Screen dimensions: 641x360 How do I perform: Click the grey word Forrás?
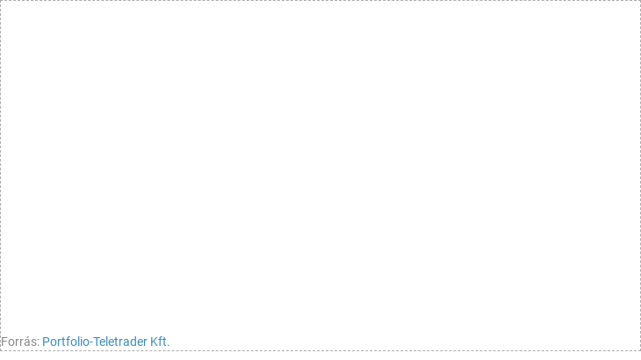tap(18, 342)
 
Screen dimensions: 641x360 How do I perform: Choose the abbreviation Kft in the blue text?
tap(158, 342)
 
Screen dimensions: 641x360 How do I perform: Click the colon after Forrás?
tap(38, 343)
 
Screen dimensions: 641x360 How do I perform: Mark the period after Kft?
tap(168, 346)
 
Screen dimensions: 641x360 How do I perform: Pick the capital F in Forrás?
tap(4, 342)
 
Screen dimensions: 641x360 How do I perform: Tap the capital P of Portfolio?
tap(46, 342)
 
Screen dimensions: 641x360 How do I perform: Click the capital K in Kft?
tap(154, 342)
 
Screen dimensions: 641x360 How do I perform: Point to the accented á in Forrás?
tap(28, 342)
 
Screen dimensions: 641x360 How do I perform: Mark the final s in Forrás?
tap(34, 343)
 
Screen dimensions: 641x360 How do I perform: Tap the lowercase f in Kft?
tap(160, 342)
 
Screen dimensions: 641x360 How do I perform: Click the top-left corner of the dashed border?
tap(0, 0)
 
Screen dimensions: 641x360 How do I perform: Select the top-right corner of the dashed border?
tap(640, 0)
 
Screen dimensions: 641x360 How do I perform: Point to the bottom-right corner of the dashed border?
tap(640, 350)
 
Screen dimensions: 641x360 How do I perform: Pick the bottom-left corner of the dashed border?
tap(0, 350)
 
